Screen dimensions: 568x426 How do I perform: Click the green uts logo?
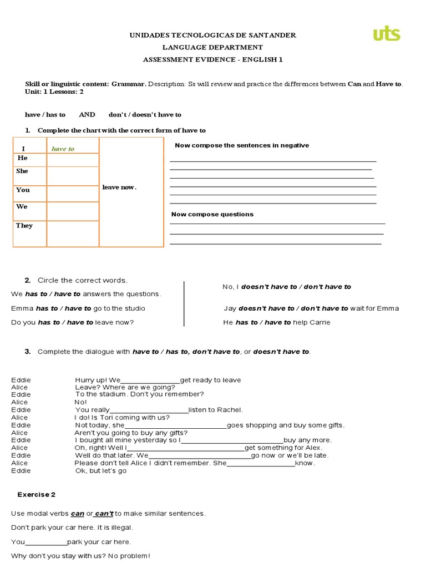386,34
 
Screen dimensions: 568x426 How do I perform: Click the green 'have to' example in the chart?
63,149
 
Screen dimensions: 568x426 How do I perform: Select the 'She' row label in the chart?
22,171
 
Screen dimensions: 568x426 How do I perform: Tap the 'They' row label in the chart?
24,226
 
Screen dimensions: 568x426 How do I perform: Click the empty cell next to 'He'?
73,160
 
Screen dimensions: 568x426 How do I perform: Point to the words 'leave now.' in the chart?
119,187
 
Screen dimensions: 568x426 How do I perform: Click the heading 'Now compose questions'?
212,214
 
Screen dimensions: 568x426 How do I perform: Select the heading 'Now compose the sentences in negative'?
242,145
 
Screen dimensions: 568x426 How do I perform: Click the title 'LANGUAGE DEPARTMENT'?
213,48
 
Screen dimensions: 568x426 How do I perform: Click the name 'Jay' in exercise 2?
230,308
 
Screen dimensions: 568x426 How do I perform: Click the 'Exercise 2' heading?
37,494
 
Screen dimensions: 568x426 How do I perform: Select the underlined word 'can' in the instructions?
78,514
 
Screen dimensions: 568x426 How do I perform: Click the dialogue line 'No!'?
81,402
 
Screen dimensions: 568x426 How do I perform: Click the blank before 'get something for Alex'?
186,448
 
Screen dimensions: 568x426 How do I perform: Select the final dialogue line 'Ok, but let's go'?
101,471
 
